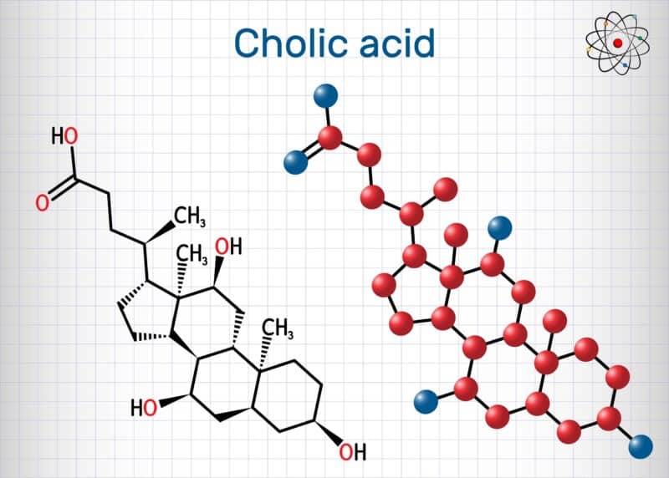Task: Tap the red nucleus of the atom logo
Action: (x=618, y=43)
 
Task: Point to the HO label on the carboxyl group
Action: (x=64, y=136)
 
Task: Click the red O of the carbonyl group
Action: (x=42, y=203)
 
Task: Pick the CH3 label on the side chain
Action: (x=190, y=216)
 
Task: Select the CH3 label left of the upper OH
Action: (x=192, y=254)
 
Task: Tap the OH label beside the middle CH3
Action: (x=228, y=247)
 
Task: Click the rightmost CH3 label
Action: (x=278, y=328)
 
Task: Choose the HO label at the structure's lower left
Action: (x=144, y=408)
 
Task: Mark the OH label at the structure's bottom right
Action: (x=352, y=452)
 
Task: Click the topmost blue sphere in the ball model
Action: (x=326, y=96)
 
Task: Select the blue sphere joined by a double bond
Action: (x=296, y=162)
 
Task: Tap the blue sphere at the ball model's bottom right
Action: (x=641, y=446)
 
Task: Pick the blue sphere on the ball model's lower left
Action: (x=426, y=402)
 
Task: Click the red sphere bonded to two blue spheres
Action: (x=330, y=138)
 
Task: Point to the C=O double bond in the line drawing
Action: (x=63, y=190)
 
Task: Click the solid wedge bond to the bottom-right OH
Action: (x=328, y=433)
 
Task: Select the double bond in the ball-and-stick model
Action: (x=313, y=150)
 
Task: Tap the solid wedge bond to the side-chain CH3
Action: (x=160, y=233)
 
